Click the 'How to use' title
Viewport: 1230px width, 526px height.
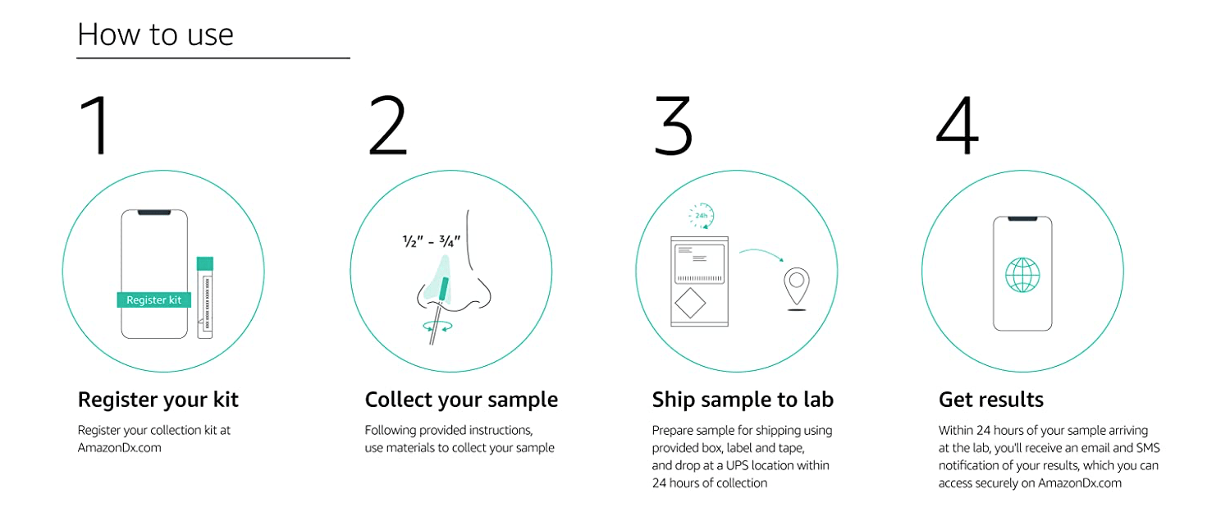155,34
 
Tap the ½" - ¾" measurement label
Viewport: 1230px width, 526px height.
432,241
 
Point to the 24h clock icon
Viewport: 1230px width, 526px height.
702,215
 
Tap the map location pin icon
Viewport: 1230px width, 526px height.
796,287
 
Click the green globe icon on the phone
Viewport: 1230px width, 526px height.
1022,275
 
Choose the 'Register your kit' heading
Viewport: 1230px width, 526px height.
158,400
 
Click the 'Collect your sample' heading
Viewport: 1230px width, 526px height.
461,400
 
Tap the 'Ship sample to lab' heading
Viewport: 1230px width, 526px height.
743,400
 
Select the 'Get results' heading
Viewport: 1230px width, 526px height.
991,400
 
